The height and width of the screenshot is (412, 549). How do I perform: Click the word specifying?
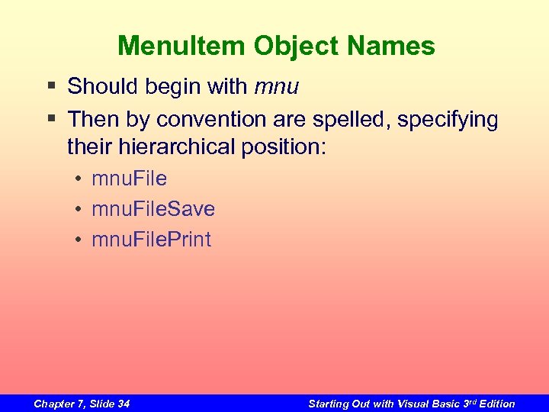(452, 120)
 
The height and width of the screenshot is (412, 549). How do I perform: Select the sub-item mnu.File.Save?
(153, 209)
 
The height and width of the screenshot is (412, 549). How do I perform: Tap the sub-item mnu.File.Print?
(151, 240)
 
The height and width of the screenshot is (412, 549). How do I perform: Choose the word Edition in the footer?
(496, 404)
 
